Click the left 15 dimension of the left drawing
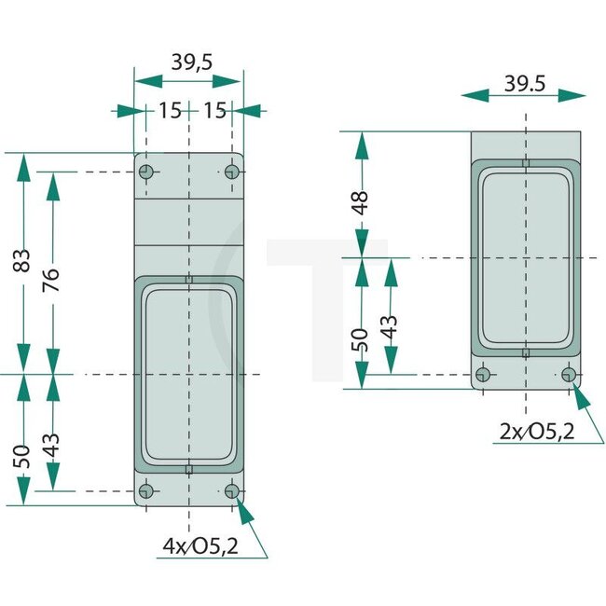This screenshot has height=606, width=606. coord(169,111)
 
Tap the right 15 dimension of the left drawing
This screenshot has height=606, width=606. coord(214,111)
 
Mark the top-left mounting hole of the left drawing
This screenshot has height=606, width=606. coord(146,172)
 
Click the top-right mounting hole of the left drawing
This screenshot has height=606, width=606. coord(232,172)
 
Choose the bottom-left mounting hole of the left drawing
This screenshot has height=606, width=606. coord(145,490)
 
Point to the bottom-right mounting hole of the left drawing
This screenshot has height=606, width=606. coord(231,490)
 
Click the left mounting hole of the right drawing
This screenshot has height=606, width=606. coord(483,375)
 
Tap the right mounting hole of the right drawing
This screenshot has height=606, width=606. coord(569,375)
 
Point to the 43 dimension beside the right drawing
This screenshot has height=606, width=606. coord(390,326)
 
